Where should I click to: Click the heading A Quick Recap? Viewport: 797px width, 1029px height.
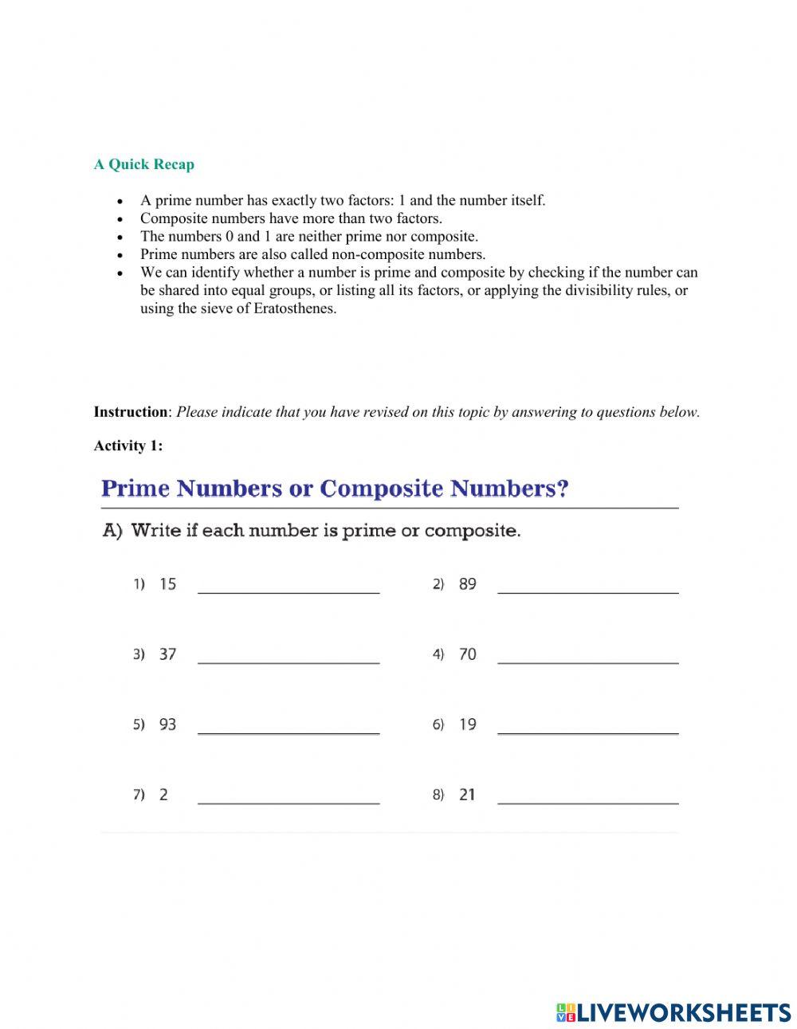point(143,165)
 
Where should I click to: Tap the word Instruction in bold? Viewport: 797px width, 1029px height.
point(131,412)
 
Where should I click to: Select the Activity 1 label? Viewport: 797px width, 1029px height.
point(128,446)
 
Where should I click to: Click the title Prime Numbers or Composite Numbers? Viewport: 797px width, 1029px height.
point(335,489)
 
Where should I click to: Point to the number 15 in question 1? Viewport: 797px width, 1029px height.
point(167,584)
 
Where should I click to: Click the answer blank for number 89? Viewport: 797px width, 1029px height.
point(587,586)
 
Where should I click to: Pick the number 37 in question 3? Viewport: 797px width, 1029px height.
point(167,654)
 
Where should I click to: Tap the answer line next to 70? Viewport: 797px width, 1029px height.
point(587,656)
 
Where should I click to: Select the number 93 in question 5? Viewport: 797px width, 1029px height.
point(167,725)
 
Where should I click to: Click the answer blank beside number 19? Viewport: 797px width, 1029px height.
point(587,726)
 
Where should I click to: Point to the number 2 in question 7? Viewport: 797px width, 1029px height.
point(163,795)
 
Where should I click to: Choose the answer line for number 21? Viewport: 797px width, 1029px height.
point(587,796)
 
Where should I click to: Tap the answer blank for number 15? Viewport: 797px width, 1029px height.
point(289,586)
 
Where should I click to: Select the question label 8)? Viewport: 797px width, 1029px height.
point(438,795)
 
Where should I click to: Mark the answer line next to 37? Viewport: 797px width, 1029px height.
point(289,656)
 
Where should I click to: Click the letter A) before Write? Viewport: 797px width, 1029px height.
point(112,531)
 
